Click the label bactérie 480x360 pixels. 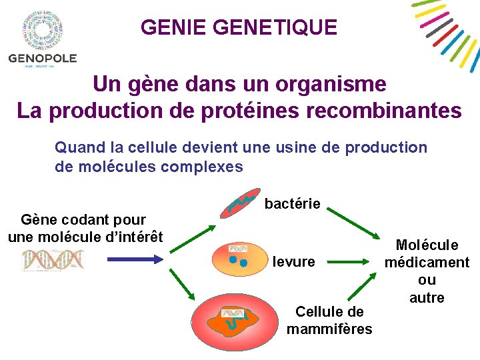tap(293, 204)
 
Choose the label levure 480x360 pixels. tap(294, 262)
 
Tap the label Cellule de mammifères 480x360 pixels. tap(329, 320)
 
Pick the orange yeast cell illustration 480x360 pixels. tap(239, 258)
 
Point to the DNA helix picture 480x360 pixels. tap(53, 260)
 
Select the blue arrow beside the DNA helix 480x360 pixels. tap(131, 260)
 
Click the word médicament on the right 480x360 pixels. tap(427, 263)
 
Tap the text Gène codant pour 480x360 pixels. tap(83, 220)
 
